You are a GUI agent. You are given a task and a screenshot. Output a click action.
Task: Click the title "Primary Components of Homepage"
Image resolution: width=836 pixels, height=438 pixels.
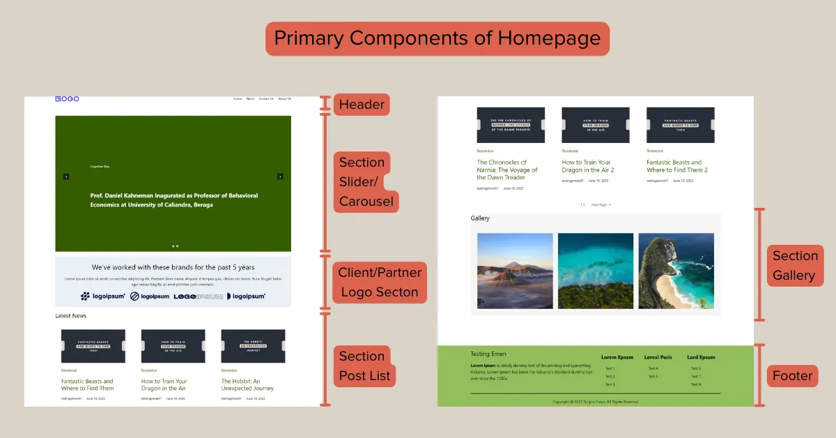click(437, 38)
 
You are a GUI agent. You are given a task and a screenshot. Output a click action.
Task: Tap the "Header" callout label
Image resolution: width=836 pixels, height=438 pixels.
click(361, 105)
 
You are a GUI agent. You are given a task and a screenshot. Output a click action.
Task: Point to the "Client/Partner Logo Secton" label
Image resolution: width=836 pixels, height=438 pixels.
click(380, 282)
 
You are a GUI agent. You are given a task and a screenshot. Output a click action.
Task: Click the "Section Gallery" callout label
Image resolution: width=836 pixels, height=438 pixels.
click(794, 265)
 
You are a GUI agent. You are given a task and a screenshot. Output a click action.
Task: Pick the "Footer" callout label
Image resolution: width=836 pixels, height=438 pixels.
click(792, 376)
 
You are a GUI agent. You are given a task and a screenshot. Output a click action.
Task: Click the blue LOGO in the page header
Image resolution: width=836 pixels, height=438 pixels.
click(67, 99)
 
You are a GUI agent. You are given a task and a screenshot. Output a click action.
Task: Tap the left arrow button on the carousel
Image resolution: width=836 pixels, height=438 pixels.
click(66, 176)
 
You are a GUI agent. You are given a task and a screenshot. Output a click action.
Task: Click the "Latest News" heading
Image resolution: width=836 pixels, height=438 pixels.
click(71, 316)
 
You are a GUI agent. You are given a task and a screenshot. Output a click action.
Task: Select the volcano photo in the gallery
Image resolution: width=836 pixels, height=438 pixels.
click(515, 271)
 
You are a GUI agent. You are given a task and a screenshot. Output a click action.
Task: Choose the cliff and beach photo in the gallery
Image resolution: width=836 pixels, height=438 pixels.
click(676, 271)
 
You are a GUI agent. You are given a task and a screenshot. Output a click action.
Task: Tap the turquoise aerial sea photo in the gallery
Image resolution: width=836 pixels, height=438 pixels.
click(596, 271)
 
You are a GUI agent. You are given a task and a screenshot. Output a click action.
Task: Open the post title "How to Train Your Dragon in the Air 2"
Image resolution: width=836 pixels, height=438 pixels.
click(587, 166)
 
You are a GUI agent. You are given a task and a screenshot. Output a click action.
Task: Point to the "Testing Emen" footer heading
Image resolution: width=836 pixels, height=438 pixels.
click(488, 354)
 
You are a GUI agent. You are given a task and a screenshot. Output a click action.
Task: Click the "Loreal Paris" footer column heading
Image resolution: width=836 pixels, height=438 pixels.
click(658, 357)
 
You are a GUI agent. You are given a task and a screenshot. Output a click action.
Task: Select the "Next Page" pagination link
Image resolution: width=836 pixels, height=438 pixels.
click(601, 205)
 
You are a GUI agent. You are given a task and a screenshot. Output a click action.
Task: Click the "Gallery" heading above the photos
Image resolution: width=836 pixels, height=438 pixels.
click(480, 218)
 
